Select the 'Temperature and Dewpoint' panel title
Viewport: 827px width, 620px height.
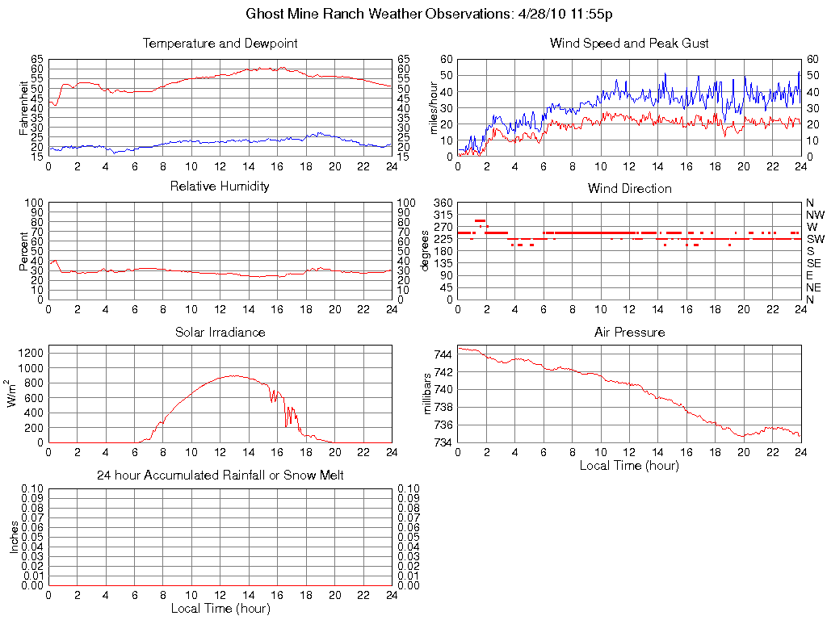(220, 44)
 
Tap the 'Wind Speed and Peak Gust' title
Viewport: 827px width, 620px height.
(629, 44)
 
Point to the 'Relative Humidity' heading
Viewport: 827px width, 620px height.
(220, 186)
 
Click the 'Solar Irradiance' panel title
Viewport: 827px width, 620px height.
(220, 332)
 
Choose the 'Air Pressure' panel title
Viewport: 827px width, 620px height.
(629, 332)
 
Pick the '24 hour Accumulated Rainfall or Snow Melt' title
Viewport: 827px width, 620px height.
(220, 475)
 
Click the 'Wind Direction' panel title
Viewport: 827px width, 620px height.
(629, 189)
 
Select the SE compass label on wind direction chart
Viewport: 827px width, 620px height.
(813, 263)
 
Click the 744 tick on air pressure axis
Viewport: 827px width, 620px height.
(443, 354)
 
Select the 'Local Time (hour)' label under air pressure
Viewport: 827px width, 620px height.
(629, 465)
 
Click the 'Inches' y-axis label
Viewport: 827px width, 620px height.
(14, 536)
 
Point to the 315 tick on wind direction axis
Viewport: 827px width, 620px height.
(443, 215)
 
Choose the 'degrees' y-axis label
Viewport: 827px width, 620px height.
(425, 250)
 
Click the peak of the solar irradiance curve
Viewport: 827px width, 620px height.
(234, 375)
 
